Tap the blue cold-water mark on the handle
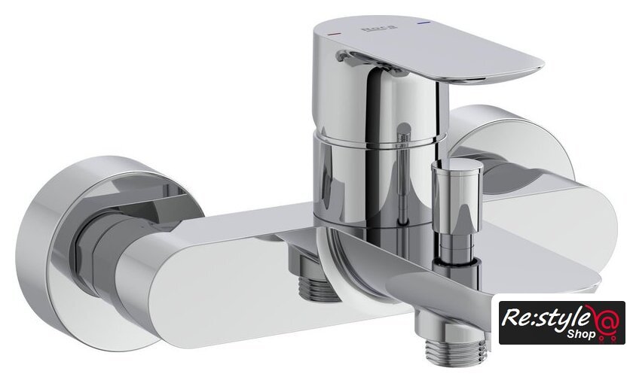(424, 24)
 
